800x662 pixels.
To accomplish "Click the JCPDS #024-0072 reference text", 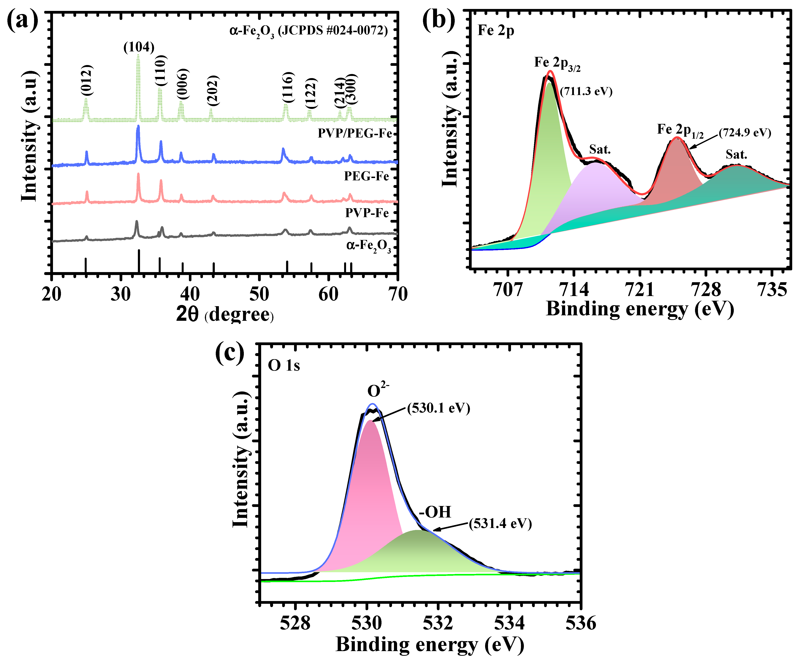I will click(x=309, y=30).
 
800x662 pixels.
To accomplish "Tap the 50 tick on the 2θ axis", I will click(x=259, y=294).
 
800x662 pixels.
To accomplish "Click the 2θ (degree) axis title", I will click(x=225, y=315).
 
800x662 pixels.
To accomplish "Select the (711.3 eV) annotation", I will click(x=586, y=91).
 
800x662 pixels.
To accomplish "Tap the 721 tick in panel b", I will click(x=640, y=289).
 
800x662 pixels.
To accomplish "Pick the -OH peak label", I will click(x=435, y=512).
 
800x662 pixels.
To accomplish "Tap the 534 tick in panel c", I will click(x=509, y=623).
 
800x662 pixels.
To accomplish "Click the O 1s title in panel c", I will click(x=284, y=366).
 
